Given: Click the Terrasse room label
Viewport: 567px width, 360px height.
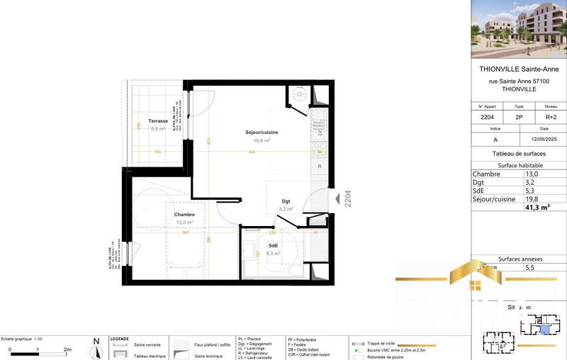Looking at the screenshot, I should click(158, 120).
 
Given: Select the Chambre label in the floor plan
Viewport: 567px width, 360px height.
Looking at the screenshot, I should click(184, 214).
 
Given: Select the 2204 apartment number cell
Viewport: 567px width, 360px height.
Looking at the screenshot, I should click(488, 117).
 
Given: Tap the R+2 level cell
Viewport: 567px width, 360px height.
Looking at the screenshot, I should click(551, 117).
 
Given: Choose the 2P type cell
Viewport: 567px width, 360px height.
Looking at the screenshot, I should click(520, 117).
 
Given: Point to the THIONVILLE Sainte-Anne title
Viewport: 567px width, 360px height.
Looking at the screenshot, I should click(518, 69).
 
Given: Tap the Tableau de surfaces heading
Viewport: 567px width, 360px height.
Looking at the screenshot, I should click(518, 153).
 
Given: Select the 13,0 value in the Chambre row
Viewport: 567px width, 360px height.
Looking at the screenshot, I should click(531, 174).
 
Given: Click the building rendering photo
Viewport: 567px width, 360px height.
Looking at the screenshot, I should click(518, 28).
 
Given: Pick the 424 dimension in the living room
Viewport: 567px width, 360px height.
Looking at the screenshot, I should click(252, 152).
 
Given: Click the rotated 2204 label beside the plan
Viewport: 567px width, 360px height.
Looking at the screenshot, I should click(347, 196).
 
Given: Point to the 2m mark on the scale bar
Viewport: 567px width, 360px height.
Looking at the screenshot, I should click(67, 350).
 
